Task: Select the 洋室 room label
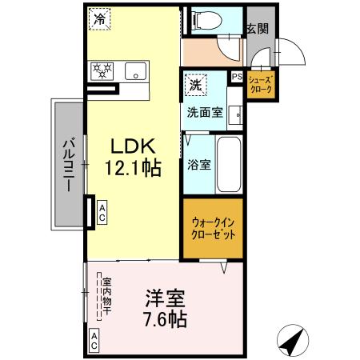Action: click(x=165, y=299)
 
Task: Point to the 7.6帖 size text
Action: click(x=166, y=318)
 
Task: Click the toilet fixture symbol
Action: click(x=216, y=21)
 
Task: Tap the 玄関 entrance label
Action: click(x=257, y=29)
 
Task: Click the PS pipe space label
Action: click(x=236, y=77)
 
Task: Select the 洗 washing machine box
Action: click(x=195, y=82)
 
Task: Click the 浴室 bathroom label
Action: click(x=199, y=166)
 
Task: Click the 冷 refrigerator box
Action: click(x=101, y=18)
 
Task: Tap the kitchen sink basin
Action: click(x=136, y=70)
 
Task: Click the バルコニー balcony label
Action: click(x=68, y=163)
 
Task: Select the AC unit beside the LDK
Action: click(x=102, y=211)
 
